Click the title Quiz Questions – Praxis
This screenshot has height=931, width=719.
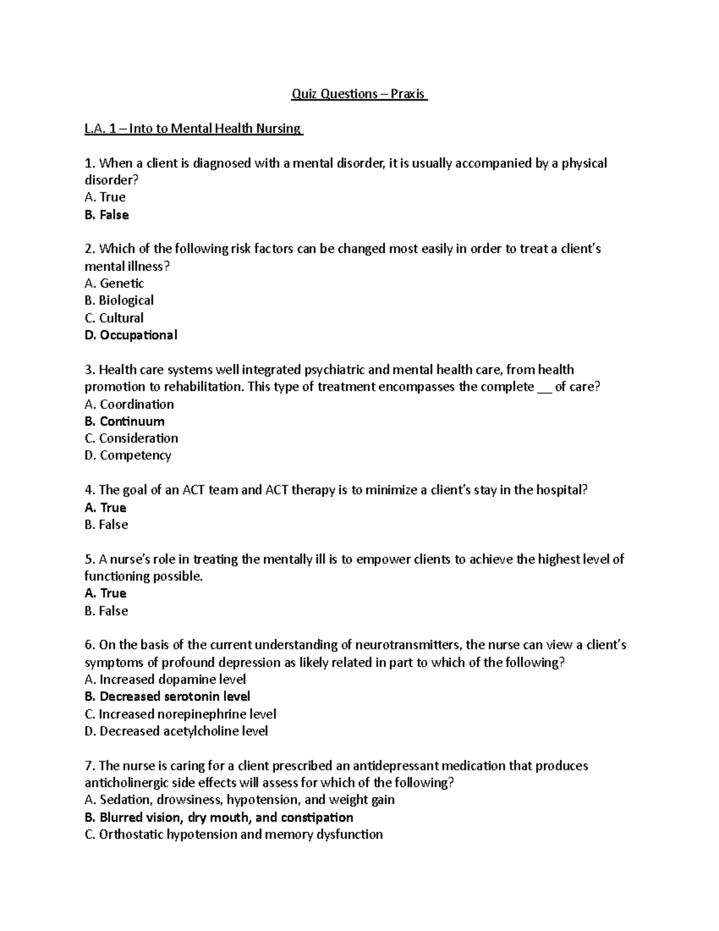click(359, 94)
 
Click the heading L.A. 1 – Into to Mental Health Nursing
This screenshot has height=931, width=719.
click(194, 128)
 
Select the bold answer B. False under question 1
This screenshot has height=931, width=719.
click(107, 215)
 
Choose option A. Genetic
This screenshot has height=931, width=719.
click(114, 283)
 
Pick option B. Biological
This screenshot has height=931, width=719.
click(119, 300)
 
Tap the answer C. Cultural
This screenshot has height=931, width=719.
click(114, 318)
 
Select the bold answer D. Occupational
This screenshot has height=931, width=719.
click(131, 335)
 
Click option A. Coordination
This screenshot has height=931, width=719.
click(129, 404)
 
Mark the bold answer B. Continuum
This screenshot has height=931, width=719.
click(125, 421)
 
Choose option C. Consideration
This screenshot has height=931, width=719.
click(131, 438)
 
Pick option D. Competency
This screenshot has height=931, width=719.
click(128, 456)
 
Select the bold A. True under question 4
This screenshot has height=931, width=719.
click(105, 508)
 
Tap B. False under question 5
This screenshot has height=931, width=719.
click(106, 611)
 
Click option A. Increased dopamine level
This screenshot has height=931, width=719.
click(165, 679)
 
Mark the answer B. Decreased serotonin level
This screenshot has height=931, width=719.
click(167, 697)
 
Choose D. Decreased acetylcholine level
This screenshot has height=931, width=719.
click(176, 731)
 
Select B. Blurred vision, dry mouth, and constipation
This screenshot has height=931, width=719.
click(219, 818)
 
